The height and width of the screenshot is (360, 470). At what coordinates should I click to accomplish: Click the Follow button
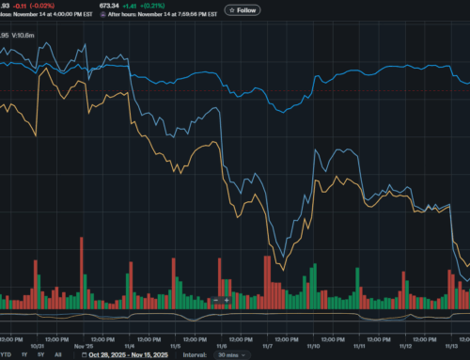click(x=243, y=10)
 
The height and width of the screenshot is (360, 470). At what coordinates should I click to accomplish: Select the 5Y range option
click(x=40, y=355)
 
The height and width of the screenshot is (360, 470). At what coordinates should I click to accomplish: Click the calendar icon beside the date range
click(x=85, y=355)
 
